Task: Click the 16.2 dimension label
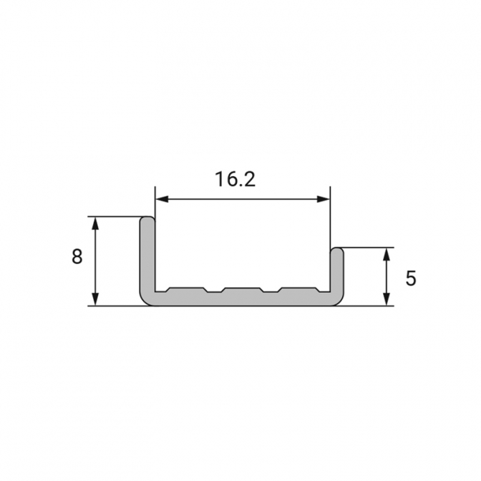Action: (x=235, y=179)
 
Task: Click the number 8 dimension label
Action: (x=77, y=257)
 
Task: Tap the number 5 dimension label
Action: (x=411, y=278)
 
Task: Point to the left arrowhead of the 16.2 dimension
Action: (x=162, y=200)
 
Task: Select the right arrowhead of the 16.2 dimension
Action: (x=324, y=200)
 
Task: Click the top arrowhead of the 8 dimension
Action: (x=96, y=223)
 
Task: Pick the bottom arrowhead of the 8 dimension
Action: (x=96, y=299)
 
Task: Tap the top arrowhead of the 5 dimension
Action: (x=387, y=254)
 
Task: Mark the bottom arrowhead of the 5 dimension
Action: (x=387, y=299)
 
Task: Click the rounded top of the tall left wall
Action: (x=147, y=219)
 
